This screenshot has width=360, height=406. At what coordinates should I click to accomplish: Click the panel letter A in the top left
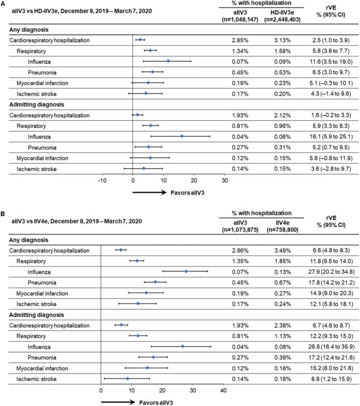coord(4,5)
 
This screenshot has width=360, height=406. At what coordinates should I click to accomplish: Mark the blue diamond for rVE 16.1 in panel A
coord(181,136)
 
